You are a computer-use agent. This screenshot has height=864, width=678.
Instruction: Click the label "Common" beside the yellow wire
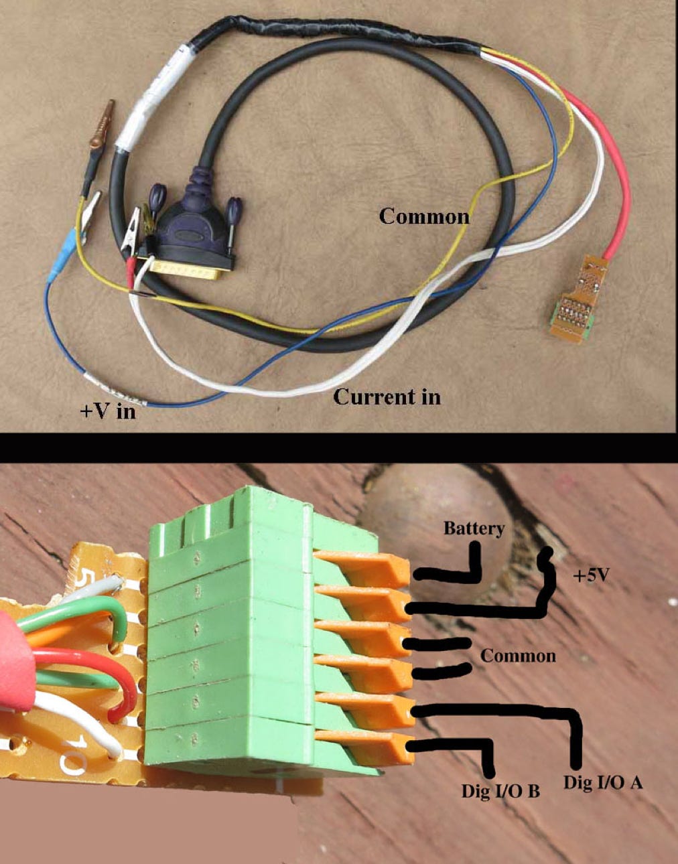click(x=424, y=216)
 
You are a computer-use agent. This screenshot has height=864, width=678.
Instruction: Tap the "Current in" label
click(x=387, y=397)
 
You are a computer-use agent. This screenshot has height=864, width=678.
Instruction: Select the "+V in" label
click(x=108, y=410)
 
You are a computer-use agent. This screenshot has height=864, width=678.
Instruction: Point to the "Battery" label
click(x=474, y=528)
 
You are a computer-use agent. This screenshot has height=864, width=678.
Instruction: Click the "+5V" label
click(x=592, y=575)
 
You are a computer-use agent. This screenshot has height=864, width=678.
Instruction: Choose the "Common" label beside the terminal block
click(x=518, y=655)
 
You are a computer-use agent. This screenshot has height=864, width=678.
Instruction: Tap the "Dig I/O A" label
click(x=603, y=782)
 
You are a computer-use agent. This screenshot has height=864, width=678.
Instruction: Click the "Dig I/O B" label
click(x=500, y=790)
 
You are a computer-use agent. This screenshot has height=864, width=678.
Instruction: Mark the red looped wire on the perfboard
click(x=100, y=676)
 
